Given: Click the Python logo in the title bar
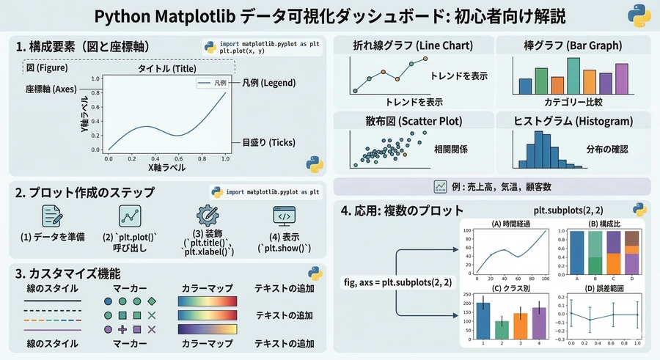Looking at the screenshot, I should coord(637,16).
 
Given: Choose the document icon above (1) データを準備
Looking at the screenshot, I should coord(52,216).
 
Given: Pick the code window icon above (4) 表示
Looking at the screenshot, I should coord(284,216).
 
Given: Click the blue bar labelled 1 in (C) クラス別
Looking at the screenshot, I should coord(481,319).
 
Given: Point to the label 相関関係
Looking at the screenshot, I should coord(451,150).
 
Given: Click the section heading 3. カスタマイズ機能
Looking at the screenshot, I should coord(69,273).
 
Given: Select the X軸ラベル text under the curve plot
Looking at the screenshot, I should coord(166,168).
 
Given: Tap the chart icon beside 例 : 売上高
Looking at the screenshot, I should coord(440,186).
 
